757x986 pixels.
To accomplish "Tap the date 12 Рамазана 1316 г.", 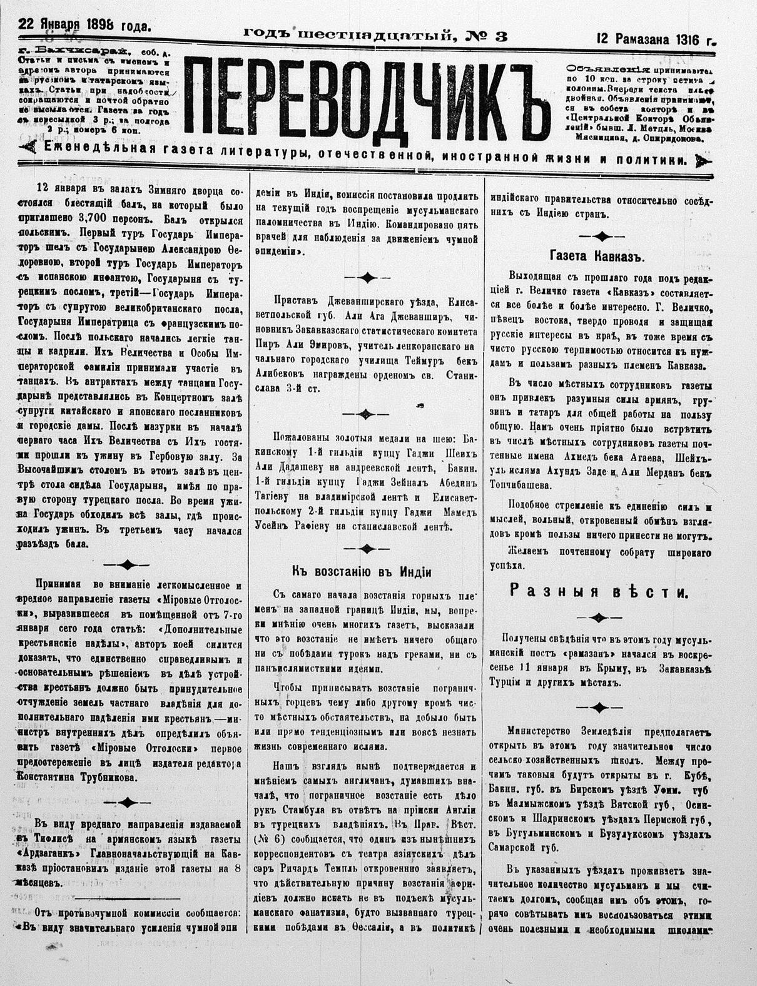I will (x=656, y=39).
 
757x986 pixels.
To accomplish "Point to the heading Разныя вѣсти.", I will (x=599, y=592).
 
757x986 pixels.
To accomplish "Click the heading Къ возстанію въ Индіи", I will (x=362, y=571).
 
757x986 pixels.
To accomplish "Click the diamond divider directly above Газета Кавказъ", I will (x=600, y=236).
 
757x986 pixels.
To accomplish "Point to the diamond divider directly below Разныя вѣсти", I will (x=599, y=618).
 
